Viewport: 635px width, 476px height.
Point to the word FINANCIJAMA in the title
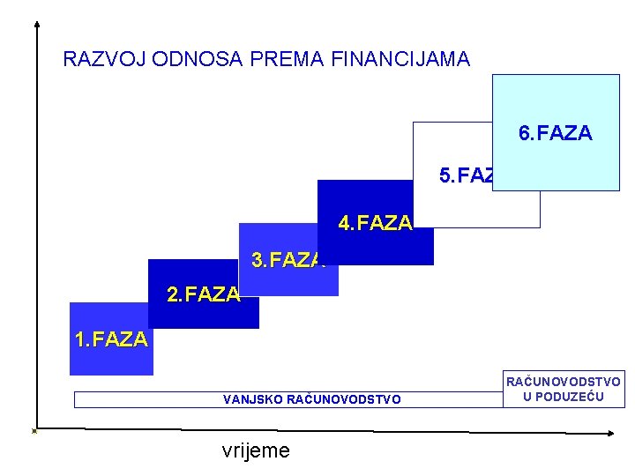[400, 59]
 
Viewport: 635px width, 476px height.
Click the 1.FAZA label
[111, 339]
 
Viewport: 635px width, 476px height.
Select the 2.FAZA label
[203, 294]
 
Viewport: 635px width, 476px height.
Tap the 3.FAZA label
[288, 260]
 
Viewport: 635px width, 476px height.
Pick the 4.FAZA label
[375, 223]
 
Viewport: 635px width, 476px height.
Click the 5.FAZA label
[467, 176]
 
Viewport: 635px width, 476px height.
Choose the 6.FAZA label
[556, 133]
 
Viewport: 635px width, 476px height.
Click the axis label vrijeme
[256, 450]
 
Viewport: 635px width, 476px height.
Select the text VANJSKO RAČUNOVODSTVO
[312, 399]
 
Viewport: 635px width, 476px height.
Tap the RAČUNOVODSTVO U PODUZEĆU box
[563, 389]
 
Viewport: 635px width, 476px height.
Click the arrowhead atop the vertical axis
[36, 24]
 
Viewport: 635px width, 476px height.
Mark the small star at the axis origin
[34, 431]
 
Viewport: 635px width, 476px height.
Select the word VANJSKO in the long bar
[253, 399]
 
